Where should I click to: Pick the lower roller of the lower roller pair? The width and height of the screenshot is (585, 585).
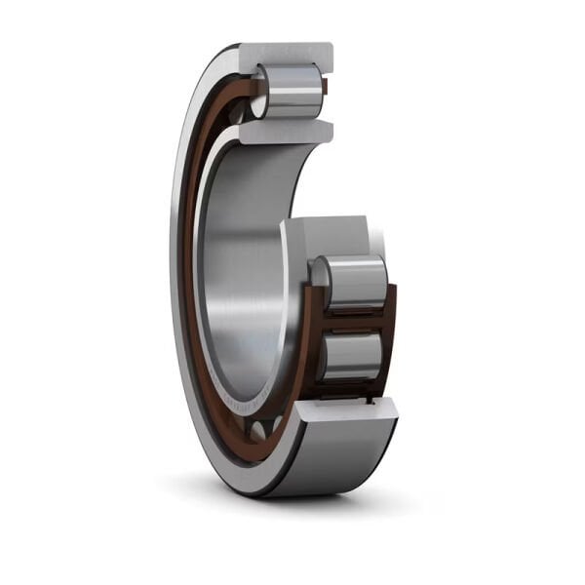click(x=353, y=356)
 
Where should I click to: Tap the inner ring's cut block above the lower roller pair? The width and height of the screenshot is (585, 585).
click(x=327, y=235)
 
